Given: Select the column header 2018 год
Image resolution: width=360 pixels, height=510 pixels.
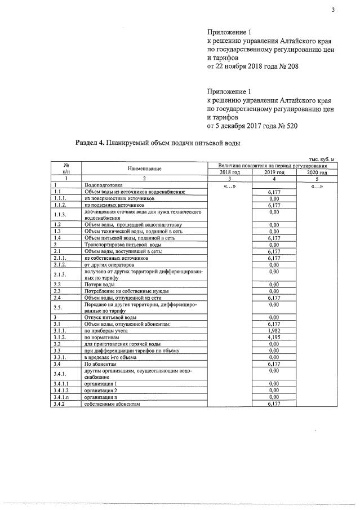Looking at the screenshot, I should [x=229, y=172].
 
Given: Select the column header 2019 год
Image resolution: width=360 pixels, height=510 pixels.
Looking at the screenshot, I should [x=274, y=172].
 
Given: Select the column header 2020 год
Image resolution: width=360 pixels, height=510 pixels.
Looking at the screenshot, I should [x=317, y=172].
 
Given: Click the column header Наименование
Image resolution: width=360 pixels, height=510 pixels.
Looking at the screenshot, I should [x=144, y=169].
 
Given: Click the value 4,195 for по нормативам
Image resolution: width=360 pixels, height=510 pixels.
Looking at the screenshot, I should [x=274, y=337].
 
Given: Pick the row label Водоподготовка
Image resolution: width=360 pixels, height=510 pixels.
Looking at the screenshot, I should [x=103, y=185].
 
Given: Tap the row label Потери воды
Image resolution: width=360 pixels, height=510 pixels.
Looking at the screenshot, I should [x=99, y=285].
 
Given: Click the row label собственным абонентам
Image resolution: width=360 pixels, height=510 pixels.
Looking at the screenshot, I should [x=111, y=404].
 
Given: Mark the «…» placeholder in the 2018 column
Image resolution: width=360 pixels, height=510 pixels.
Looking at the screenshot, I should [x=229, y=186].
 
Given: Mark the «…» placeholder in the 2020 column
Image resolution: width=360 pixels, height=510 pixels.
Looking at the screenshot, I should [x=317, y=186].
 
